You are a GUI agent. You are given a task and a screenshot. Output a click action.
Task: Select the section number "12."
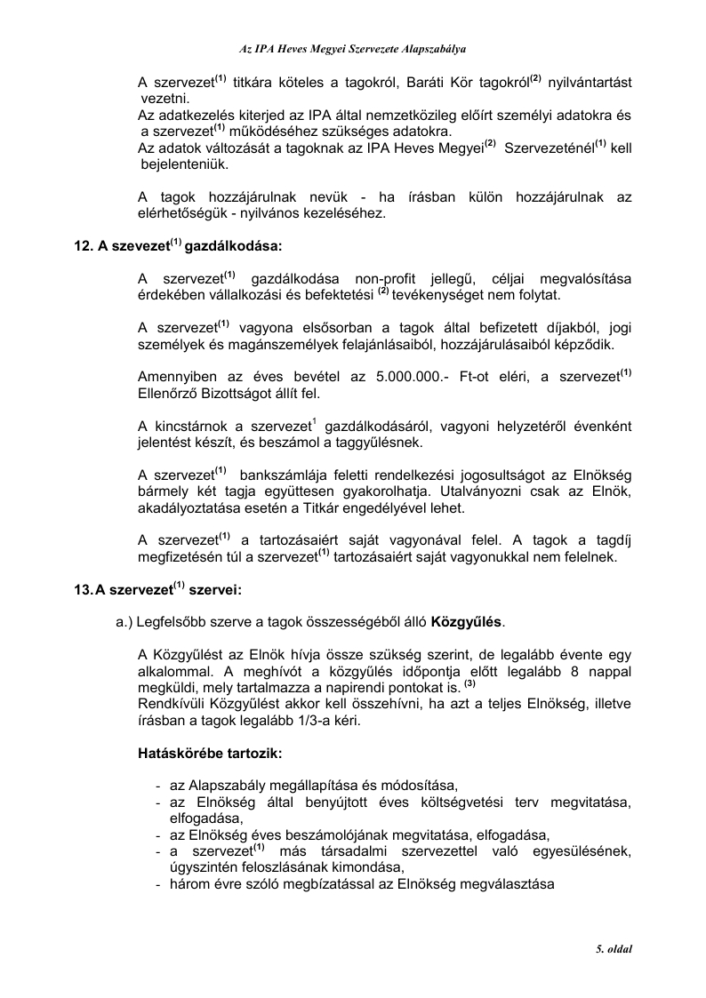click(x=83, y=244)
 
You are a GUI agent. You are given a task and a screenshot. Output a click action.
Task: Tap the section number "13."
click(x=83, y=588)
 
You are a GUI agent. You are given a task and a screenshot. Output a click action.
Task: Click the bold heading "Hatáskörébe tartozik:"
click(x=211, y=754)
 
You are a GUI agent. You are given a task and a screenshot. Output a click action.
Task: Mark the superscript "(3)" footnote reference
click(x=470, y=686)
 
